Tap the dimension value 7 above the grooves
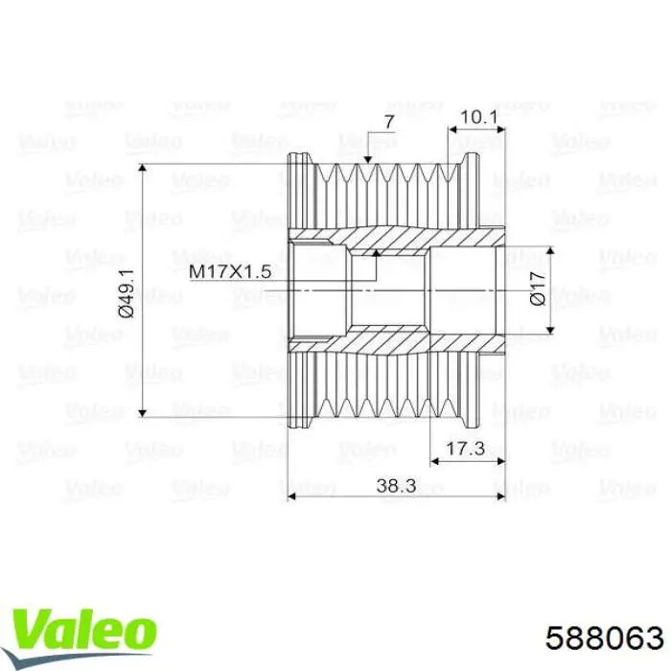tap(388, 121)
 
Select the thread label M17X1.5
tap(230, 272)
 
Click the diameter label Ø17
tap(538, 288)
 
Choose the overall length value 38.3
tap(396, 486)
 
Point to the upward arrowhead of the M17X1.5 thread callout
tap(377, 255)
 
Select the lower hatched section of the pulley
tap(398, 341)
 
